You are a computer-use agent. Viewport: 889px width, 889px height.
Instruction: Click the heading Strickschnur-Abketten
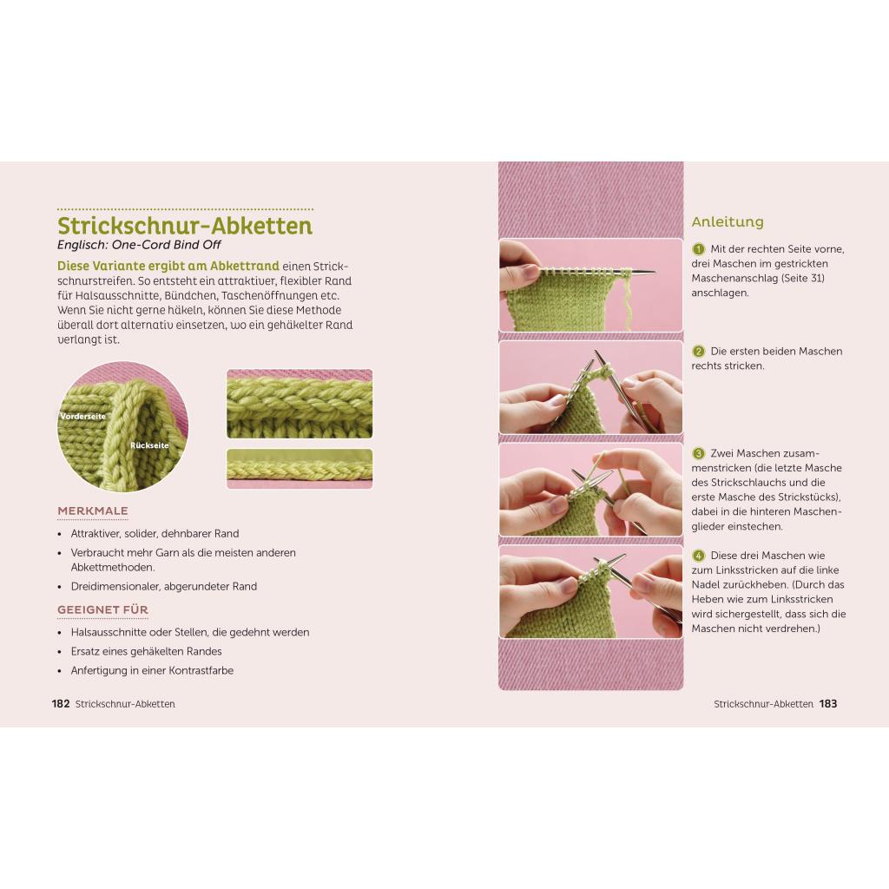click(185, 226)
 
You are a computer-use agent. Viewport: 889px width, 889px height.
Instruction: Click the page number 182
click(61, 703)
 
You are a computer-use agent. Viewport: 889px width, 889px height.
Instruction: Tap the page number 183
click(827, 703)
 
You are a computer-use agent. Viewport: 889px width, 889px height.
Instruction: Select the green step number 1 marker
click(699, 249)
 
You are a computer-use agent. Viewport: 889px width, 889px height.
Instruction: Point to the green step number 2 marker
click(699, 351)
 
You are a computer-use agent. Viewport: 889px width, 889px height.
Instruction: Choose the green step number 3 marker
click(699, 453)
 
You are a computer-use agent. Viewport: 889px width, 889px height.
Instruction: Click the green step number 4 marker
click(699, 555)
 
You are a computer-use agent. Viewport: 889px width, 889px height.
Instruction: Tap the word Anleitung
click(728, 221)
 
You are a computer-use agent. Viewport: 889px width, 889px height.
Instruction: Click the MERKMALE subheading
click(92, 510)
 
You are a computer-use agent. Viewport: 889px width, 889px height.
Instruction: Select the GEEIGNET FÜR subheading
click(102, 609)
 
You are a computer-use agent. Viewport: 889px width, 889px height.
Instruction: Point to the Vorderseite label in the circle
click(82, 416)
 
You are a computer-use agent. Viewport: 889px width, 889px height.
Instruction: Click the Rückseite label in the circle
click(149, 445)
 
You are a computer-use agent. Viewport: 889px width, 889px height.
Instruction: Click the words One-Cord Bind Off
click(166, 245)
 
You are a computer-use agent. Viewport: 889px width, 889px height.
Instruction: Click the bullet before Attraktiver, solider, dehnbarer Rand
click(60, 534)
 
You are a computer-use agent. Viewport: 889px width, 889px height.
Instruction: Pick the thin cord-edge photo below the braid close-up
click(300, 468)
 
